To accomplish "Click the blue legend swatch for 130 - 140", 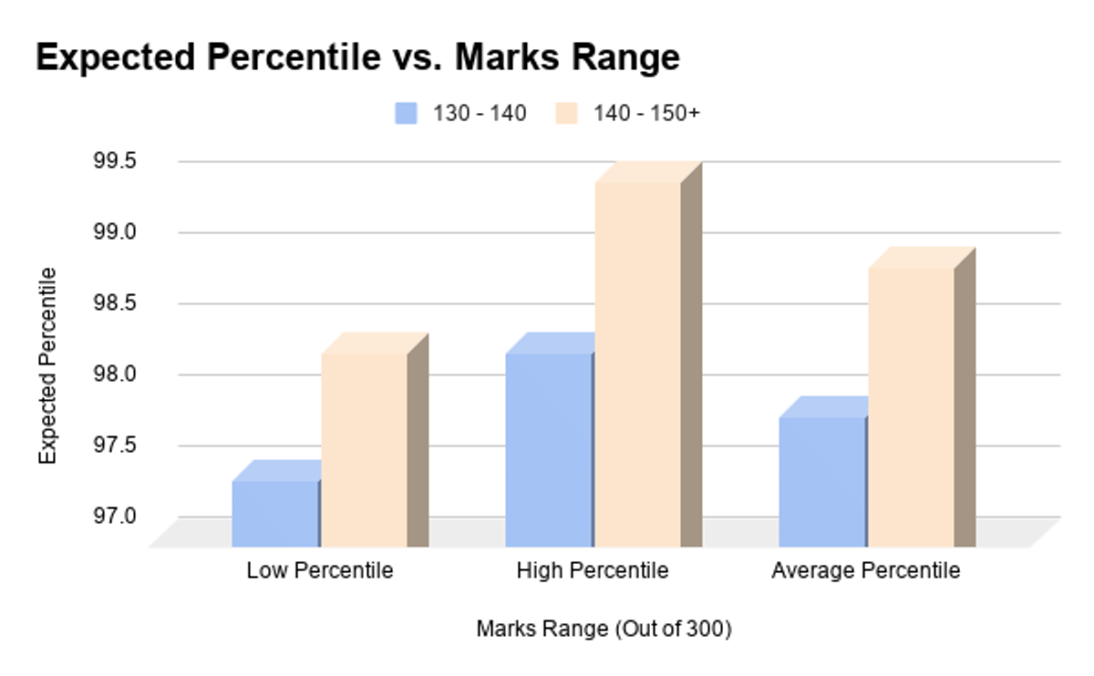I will point(406,113).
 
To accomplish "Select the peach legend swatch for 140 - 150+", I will point(566,113).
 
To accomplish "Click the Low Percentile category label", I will point(320,571).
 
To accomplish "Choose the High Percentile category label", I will point(593,571).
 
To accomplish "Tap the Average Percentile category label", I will point(866,571).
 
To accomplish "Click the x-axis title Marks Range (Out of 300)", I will point(604,629).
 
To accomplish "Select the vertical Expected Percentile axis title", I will point(47,364).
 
